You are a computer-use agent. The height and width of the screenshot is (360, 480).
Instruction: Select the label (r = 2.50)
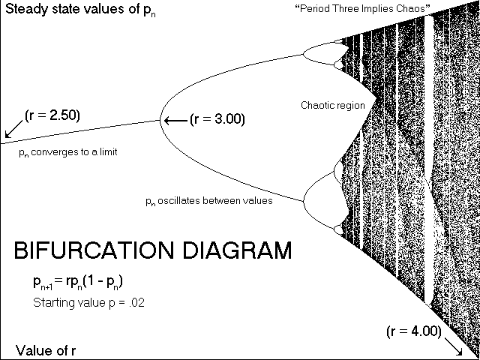[x=52, y=115]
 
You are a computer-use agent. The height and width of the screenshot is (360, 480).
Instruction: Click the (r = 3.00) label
[x=217, y=119]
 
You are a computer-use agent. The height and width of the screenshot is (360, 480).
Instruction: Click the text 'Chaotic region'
[x=332, y=106]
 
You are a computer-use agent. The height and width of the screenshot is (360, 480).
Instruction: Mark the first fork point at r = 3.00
[x=159, y=119]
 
